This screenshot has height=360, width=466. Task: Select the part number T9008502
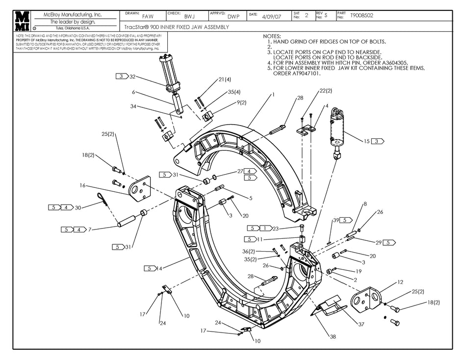(x=362, y=16)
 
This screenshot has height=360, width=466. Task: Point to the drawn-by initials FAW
(x=148, y=16)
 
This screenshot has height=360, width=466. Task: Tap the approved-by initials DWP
(x=233, y=16)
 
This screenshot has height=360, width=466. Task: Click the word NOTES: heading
(x=272, y=36)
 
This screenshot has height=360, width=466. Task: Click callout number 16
(x=82, y=186)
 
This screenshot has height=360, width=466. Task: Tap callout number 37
(x=361, y=324)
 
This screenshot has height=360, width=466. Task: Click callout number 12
(x=400, y=282)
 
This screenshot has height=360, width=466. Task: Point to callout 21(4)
(x=225, y=79)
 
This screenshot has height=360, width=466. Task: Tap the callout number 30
(x=78, y=207)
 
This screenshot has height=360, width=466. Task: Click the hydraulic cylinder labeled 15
(x=337, y=130)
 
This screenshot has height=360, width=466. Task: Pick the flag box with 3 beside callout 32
(x=121, y=76)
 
